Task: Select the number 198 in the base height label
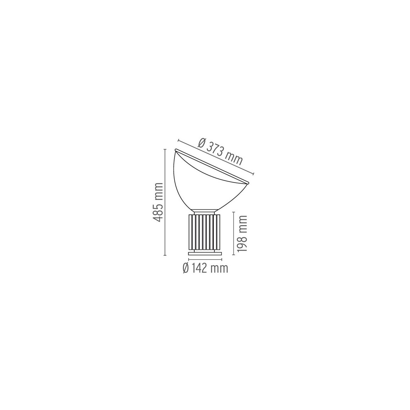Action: [x=242, y=240]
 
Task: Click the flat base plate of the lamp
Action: [x=205, y=253]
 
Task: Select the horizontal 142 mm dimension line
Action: [x=205, y=260]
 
